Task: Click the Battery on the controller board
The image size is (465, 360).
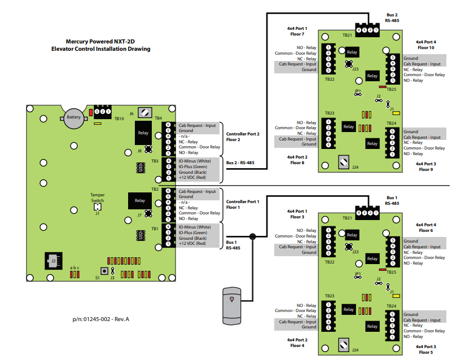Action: pos(74,117)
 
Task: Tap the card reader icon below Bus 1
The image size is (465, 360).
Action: pos(231,305)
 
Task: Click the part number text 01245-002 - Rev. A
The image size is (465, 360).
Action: pos(101,319)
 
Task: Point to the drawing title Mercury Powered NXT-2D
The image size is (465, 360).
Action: pos(100,41)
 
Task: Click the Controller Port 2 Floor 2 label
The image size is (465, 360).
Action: pos(243,137)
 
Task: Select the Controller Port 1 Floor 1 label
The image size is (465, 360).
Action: pos(243,204)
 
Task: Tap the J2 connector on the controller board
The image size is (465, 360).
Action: pos(54,261)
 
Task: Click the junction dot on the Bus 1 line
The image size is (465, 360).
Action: pos(253,237)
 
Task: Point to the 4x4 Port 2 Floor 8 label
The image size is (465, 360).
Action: pos(297,160)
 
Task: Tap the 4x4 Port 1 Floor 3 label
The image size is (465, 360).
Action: pos(297,214)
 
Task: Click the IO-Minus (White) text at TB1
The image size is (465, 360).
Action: pos(195,227)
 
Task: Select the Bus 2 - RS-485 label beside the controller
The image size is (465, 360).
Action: pos(240,163)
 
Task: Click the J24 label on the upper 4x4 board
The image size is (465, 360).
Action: pos(355,167)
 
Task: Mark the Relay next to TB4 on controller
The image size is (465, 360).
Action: pos(142,134)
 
